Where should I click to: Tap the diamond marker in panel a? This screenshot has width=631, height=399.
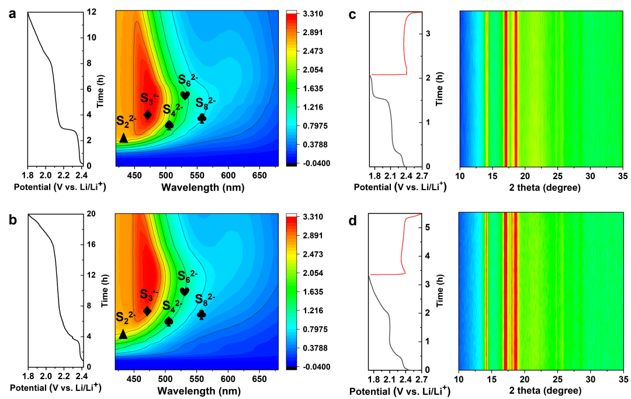point(148,115)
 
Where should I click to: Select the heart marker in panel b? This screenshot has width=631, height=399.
point(185,291)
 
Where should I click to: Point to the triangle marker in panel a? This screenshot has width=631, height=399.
point(123,138)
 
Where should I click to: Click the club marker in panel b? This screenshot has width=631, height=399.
point(202,314)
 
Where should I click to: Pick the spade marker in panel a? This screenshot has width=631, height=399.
point(169,125)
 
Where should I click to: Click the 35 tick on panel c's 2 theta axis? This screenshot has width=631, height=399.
point(623,174)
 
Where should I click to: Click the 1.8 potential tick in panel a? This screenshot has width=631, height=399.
point(27,174)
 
